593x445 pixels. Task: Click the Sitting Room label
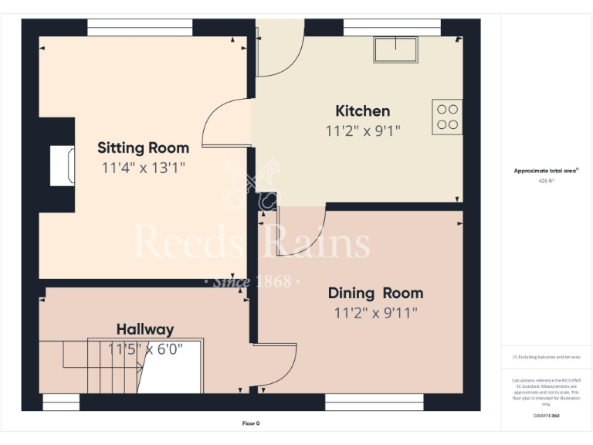(x=143, y=148)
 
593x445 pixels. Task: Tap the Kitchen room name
(x=362, y=110)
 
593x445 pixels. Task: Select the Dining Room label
(x=375, y=293)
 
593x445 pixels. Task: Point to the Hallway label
(x=145, y=329)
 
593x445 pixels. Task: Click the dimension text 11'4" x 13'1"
(x=143, y=167)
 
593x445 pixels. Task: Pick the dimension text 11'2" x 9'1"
(x=362, y=131)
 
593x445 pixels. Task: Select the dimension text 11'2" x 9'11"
(x=375, y=313)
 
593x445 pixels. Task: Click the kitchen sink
(x=395, y=50)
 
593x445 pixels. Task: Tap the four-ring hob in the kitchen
(x=447, y=117)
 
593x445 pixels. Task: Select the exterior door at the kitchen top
(x=278, y=49)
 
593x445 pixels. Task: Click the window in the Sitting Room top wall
(x=140, y=28)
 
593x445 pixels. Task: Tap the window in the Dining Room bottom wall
(x=374, y=402)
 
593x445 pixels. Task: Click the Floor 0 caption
(x=251, y=423)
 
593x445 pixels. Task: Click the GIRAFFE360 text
(x=546, y=416)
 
